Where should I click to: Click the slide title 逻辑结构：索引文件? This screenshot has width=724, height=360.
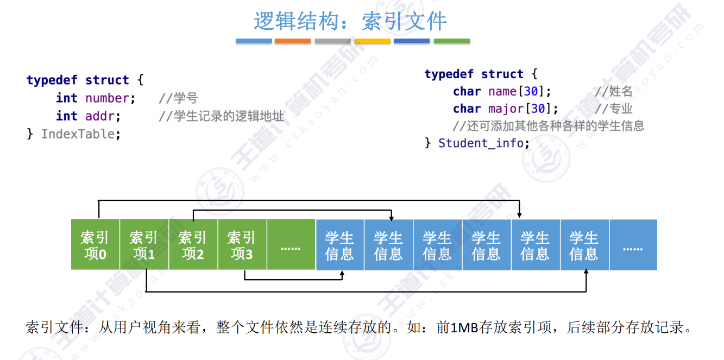pos(350,22)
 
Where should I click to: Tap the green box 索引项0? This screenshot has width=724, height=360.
pos(95,245)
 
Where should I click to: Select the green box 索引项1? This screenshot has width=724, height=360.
pos(144,245)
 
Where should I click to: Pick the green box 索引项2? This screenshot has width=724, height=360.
pos(193,245)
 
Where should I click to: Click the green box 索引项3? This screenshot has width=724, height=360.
pos(242,245)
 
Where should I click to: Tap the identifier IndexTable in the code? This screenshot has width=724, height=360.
pos(80,134)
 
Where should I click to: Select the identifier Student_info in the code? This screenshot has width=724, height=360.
pos(482,143)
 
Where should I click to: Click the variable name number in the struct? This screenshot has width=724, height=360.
pos(107,98)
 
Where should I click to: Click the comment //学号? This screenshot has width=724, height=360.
pos(178,98)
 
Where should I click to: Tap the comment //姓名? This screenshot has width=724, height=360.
pos(614,91)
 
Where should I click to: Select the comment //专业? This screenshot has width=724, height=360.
pos(614,109)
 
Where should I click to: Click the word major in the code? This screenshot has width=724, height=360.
pos(506,109)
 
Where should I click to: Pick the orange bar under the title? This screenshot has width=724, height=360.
pos(293,41)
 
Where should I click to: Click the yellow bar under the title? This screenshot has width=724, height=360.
pos(372,41)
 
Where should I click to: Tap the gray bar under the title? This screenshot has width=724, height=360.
pos(332,41)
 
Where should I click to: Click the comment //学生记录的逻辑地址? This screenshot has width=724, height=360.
pos(222,116)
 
